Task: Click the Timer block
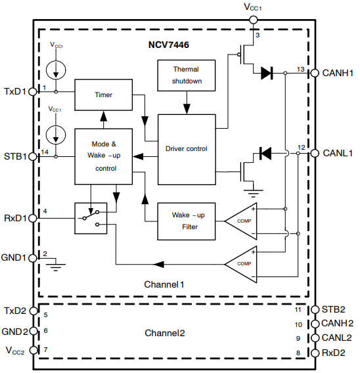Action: (x=102, y=95)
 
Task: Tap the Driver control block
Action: (x=187, y=149)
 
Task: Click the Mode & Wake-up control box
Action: (x=102, y=156)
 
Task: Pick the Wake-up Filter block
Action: (x=186, y=221)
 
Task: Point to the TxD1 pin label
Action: (x=14, y=91)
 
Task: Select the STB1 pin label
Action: (x=14, y=157)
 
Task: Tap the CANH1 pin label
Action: (x=338, y=73)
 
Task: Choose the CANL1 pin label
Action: (x=338, y=153)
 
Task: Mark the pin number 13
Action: (x=300, y=68)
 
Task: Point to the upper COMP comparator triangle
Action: (x=240, y=221)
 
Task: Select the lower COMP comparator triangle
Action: (x=240, y=263)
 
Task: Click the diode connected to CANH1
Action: (x=267, y=74)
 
